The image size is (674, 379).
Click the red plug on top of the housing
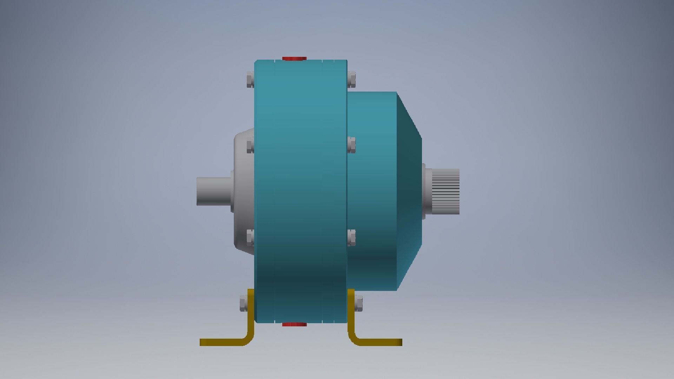pos(294,58)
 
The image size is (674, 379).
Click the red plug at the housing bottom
pos(294,325)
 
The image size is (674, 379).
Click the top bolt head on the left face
pos(250,79)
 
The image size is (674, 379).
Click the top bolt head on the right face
pos(351,79)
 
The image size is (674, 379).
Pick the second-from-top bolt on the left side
pos(250,145)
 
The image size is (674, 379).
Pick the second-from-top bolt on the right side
pos(351,145)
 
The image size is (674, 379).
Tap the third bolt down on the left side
pos(250,237)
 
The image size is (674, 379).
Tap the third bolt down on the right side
pos(351,237)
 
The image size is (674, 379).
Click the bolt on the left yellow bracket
pos(244,303)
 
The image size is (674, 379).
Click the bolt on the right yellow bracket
pos(358,303)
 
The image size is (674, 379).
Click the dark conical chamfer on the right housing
pos(409,191)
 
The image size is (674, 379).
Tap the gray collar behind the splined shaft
pos(428,191)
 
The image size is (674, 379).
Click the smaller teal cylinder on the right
pos(372,191)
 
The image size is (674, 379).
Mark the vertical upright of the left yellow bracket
pos(251,316)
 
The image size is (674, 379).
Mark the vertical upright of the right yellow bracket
pos(351,316)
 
